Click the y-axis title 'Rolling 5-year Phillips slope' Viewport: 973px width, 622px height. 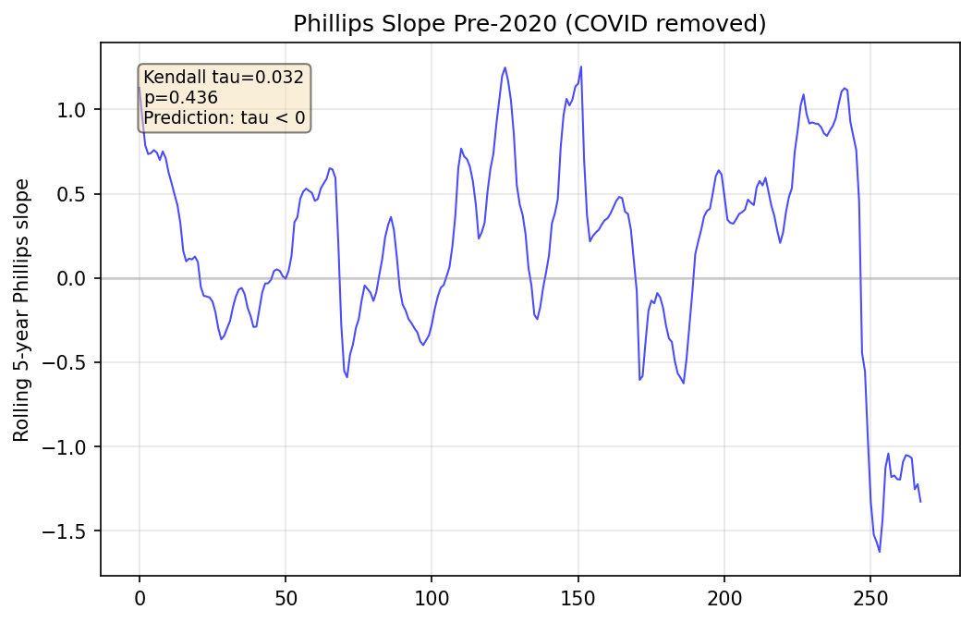(x=21, y=310)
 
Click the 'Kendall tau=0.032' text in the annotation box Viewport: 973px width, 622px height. (x=224, y=78)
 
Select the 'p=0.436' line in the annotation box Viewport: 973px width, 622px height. (x=180, y=97)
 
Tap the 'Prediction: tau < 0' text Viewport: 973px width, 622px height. (x=224, y=117)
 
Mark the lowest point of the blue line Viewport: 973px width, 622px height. (x=879, y=552)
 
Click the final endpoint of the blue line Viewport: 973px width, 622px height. (x=920, y=502)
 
